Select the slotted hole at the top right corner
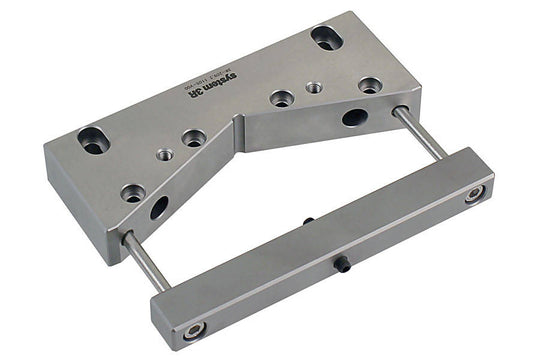click(x=326, y=38)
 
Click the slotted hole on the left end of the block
click(x=93, y=140)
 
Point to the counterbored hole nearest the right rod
click(x=370, y=85)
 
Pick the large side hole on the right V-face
click(x=354, y=117)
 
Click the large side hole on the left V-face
click(x=159, y=208)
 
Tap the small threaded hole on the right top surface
click(x=313, y=87)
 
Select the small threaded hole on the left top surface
click(x=165, y=155)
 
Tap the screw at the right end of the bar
click(x=474, y=192)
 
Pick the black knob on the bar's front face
click(x=343, y=263)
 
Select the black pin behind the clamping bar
click(x=308, y=221)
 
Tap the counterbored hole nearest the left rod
click(x=132, y=192)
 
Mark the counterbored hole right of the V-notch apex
click(x=281, y=98)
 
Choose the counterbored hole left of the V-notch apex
click(x=194, y=137)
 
